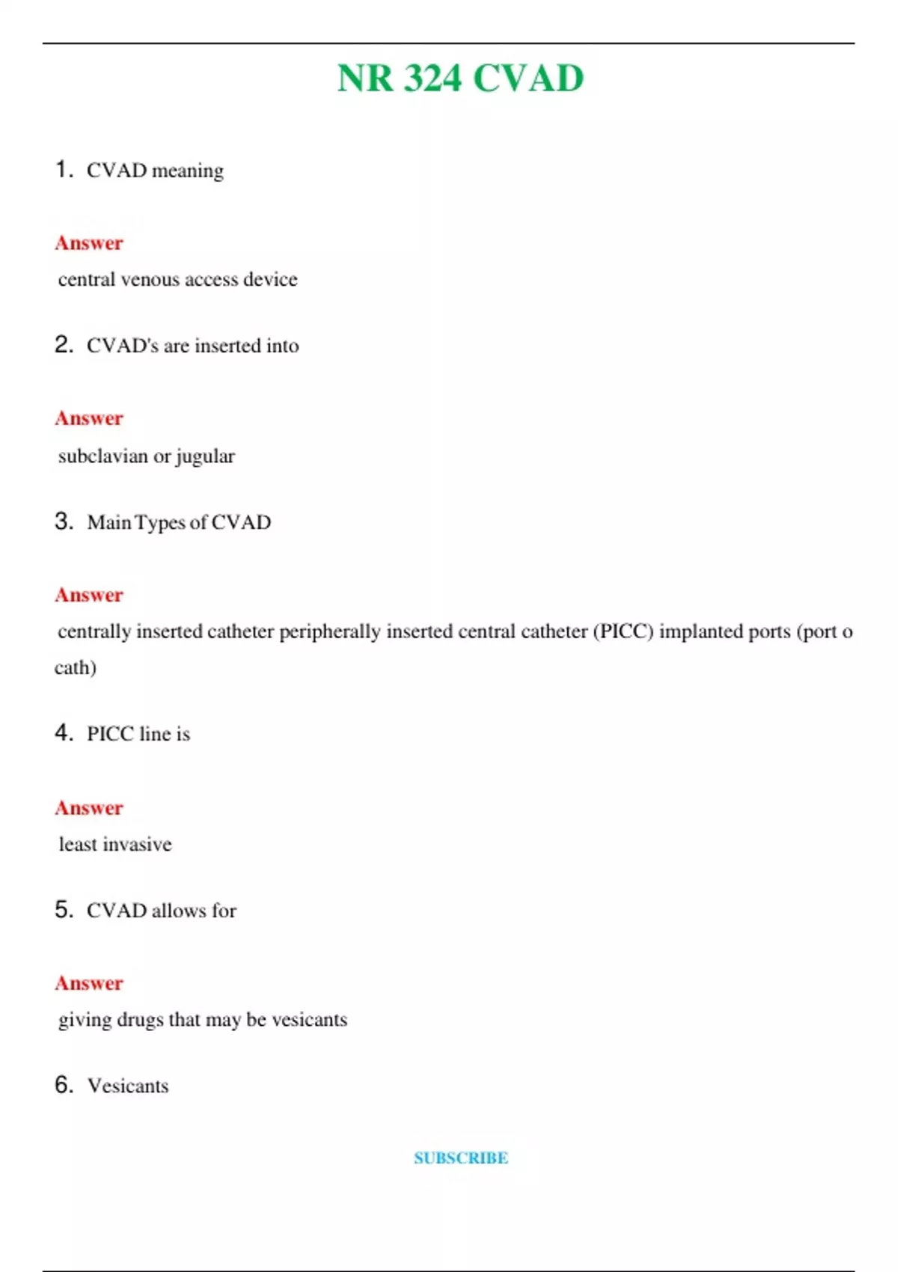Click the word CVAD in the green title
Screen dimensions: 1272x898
[528, 79]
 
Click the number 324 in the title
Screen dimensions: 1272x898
[433, 79]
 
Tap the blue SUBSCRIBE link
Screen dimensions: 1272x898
[461, 1158]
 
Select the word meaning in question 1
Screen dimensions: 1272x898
[187, 171]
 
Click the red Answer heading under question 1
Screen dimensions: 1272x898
[89, 243]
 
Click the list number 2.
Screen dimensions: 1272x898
[64, 345]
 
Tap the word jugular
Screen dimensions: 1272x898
[205, 456]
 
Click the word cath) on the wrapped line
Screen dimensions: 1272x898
[76, 667]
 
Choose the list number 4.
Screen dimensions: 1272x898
[64, 733]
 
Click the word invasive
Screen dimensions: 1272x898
[137, 845]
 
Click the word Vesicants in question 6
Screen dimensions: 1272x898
[128, 1086]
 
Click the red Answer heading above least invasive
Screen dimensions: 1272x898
[89, 808]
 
